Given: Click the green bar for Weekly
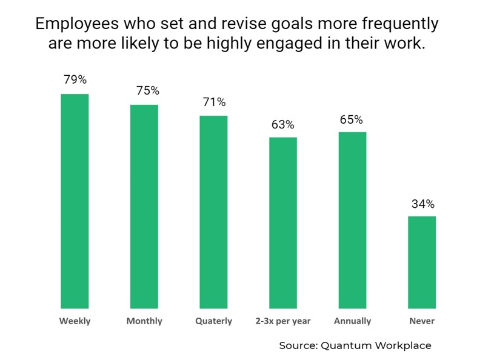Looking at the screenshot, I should [x=75, y=201].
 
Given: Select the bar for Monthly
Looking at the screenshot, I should [x=144, y=207].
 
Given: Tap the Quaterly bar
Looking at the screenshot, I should [x=213, y=212].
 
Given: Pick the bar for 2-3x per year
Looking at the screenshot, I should [x=283, y=223].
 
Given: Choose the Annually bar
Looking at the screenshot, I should [x=352, y=220].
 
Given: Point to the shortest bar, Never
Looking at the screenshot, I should [x=422, y=262].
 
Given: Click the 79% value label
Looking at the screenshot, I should [x=75, y=80].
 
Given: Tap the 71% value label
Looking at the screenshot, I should [x=214, y=102].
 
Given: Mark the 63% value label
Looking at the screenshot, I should [x=282, y=124].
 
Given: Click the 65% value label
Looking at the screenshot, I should [x=351, y=119].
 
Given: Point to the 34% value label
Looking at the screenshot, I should [x=422, y=204].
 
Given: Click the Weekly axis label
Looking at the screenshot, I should [x=75, y=321].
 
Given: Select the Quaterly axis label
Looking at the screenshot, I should [x=213, y=321].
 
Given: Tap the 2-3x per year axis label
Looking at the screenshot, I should [x=283, y=321].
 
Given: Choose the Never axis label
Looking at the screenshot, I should [x=422, y=321].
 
